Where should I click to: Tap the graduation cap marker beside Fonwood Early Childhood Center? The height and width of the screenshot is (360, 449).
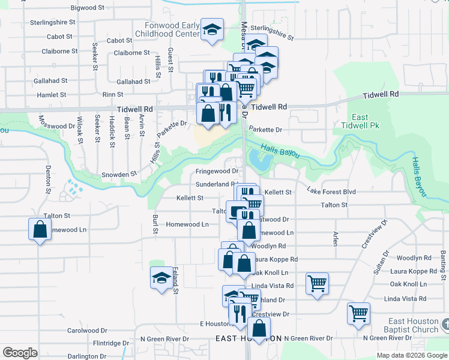(x=211, y=30)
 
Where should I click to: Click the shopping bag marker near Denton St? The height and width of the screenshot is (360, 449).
(x=40, y=229)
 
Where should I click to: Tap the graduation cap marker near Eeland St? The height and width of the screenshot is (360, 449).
(x=161, y=278)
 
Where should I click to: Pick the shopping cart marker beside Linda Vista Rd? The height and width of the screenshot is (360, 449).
(x=317, y=283)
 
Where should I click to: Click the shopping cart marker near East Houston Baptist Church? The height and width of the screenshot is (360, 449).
(x=358, y=313)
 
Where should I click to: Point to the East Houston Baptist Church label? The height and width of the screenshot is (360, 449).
(x=414, y=325)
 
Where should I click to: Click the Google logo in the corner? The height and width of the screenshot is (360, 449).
(x=20, y=353)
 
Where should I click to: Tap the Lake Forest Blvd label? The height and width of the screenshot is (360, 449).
(x=331, y=191)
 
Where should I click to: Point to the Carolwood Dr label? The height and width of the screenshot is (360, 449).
(x=87, y=331)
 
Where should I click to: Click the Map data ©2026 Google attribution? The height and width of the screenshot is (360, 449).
(x=411, y=355)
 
